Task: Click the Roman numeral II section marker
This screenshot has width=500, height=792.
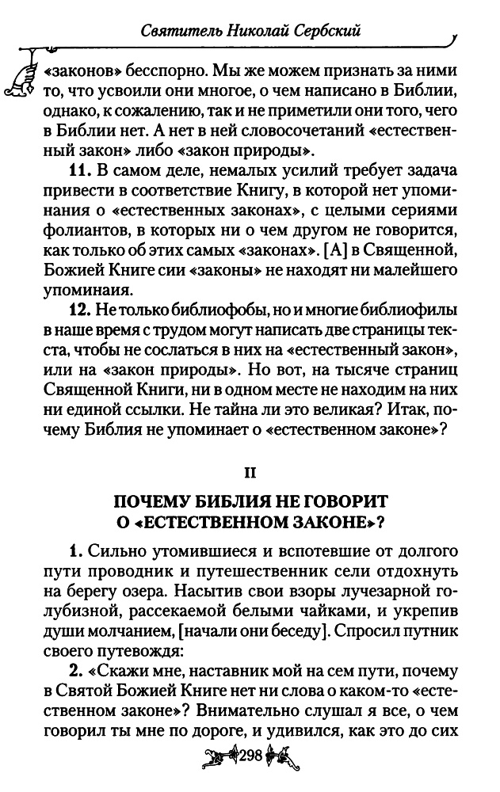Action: click(250, 473)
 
